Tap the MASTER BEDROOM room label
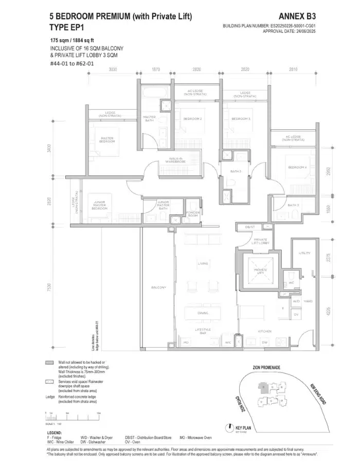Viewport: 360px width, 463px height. (107, 140)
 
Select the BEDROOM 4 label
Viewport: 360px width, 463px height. (297, 168)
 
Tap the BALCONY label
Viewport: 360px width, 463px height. (158, 287)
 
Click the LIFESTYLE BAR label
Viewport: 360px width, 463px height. (203, 331)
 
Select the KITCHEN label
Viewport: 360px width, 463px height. (264, 331)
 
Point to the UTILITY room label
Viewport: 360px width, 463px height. (304, 253)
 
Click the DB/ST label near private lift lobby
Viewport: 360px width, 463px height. (250, 227)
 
